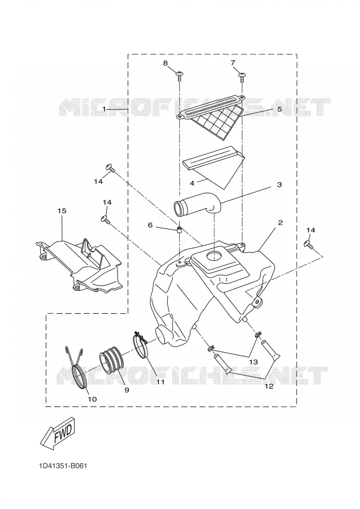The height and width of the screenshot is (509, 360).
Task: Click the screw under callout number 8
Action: pos(179,76)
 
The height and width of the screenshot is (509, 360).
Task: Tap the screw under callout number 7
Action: pos(242,76)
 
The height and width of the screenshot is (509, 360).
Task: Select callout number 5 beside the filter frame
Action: pos(279,109)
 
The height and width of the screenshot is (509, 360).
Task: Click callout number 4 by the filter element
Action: pos(192,183)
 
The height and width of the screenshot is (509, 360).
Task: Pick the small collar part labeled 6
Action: pos(179,231)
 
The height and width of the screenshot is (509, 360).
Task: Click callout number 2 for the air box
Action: pos(280,223)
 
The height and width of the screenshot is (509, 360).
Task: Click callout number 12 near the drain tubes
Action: pos(269,386)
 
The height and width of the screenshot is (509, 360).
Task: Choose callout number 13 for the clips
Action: pos(253,361)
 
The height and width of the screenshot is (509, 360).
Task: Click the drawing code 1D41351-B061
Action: pos(63,466)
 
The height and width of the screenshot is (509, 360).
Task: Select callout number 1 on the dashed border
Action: pos(105,109)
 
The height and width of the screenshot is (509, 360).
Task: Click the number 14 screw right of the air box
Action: pos(309,245)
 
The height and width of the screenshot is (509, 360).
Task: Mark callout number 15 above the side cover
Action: pos(62,211)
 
